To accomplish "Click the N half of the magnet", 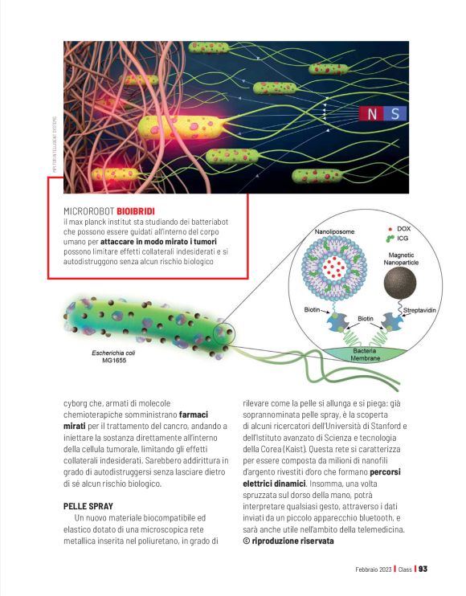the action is [x=371, y=114].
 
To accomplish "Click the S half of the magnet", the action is [x=394, y=114].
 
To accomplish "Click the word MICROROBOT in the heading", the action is [x=88, y=210].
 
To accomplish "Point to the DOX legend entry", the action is [x=399, y=229].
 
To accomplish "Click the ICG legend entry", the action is [x=399, y=239].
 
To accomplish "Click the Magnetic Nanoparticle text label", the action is [x=401, y=258].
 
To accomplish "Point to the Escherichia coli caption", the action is [x=107, y=355].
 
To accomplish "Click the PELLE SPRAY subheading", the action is [x=89, y=507].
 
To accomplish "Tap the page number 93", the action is [x=423, y=569].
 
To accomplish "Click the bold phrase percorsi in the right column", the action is [x=382, y=472].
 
